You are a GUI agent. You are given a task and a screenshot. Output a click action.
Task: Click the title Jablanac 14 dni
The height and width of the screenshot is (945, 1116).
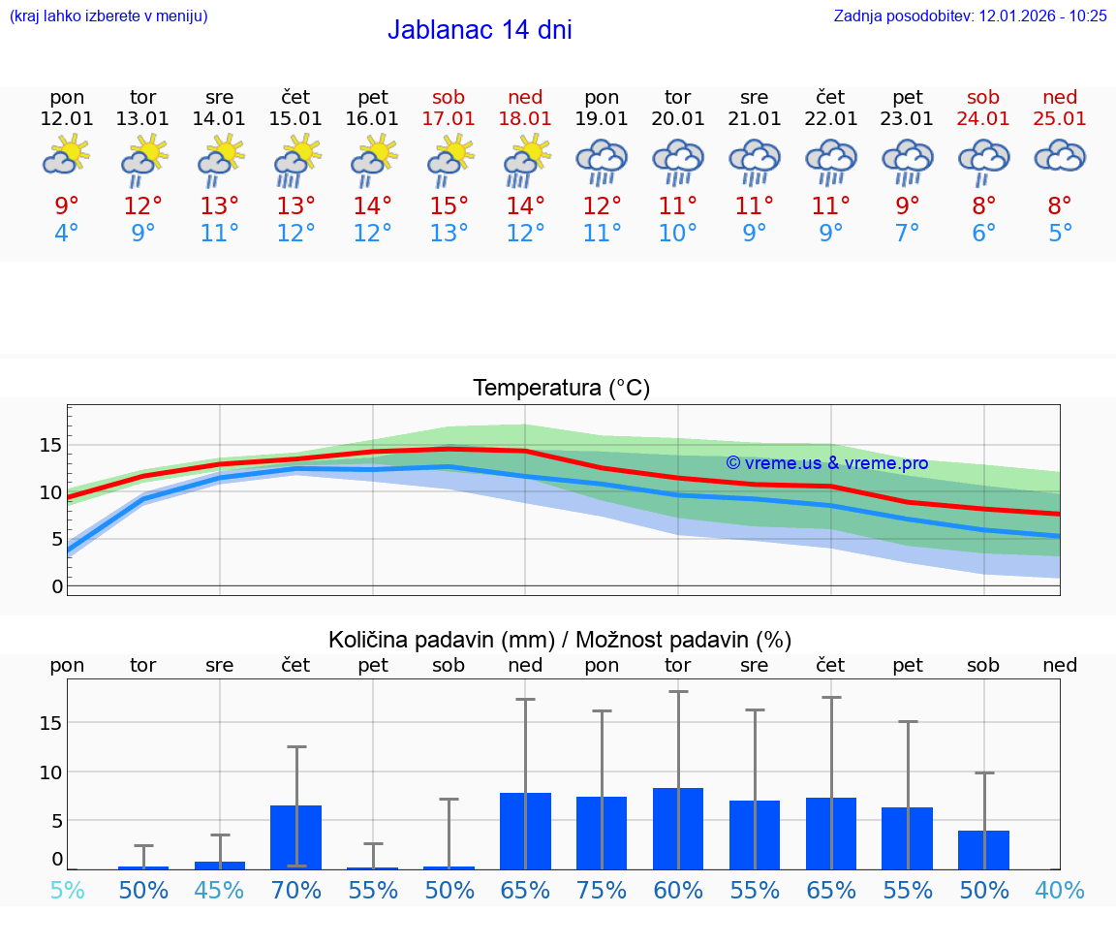coord(480,30)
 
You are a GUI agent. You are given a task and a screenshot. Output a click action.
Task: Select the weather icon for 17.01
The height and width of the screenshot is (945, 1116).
coord(449,159)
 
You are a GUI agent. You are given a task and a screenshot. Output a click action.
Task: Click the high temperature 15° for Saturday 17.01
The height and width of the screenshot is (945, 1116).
coord(449,206)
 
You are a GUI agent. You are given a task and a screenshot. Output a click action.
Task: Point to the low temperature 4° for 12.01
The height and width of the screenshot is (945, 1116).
coord(67,234)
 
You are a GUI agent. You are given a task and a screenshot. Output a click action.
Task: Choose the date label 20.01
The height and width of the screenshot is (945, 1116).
coord(678,118)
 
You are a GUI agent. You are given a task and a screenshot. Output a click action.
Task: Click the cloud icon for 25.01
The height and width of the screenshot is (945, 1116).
coord(1060,156)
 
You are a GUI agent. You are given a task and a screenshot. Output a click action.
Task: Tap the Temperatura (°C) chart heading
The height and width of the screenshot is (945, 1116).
coord(561,389)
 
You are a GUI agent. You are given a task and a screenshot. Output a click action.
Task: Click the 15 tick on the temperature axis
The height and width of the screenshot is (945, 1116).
coord(50,446)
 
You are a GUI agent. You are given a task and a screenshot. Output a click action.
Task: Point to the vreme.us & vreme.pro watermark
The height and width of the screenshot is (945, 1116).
coord(826,463)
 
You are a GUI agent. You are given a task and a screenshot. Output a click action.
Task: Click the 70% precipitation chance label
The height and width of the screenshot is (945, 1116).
coord(296,890)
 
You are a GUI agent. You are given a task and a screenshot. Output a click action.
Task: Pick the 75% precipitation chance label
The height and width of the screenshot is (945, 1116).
coord(602,890)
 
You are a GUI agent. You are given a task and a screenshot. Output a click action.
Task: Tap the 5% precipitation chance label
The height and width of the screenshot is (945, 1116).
coord(67,890)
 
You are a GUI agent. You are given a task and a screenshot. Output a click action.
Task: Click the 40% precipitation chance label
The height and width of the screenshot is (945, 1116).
coord(1060,890)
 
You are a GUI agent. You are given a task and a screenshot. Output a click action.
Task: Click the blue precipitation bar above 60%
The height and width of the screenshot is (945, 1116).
coord(678,829)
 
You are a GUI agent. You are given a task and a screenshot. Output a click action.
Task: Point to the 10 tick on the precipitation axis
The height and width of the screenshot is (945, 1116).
coord(50,772)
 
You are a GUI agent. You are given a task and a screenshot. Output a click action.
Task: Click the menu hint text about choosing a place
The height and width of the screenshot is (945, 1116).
coord(108,16)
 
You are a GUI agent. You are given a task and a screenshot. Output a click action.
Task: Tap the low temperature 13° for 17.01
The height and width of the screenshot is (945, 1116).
coord(449,234)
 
